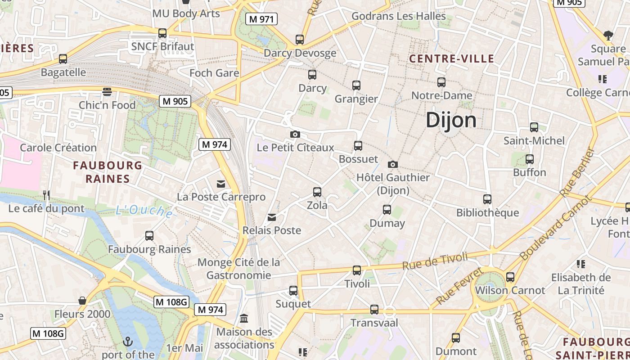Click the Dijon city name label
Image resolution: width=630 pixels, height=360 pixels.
point(451,120)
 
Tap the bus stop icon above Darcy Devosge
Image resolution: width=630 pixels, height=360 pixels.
point(300,40)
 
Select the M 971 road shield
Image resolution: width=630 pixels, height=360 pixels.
point(261,19)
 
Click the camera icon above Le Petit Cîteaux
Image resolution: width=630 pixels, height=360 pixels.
point(295,134)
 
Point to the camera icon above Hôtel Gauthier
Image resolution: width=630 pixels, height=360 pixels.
point(392,164)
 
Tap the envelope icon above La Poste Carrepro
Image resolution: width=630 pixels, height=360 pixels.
point(221,184)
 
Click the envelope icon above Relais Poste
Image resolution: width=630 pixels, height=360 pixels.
point(272,217)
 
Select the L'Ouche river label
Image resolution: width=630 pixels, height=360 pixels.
point(144,211)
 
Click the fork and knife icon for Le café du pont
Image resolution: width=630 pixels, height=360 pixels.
point(46,195)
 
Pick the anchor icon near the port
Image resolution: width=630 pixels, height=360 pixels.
point(128,342)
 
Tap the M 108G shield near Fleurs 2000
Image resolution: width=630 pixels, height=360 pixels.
point(171,302)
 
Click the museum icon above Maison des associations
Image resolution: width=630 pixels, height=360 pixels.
point(244,319)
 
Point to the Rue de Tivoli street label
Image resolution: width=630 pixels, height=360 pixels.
point(435,261)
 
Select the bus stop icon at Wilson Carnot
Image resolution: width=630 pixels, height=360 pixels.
point(510,277)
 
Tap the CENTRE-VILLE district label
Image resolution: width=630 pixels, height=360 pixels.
point(452,58)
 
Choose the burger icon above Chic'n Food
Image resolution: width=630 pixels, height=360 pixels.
point(107,92)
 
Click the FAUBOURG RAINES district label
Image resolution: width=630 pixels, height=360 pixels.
point(108,172)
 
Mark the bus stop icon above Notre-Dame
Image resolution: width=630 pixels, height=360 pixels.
point(441,82)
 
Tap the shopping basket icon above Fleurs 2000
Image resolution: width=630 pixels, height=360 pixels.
point(82,301)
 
